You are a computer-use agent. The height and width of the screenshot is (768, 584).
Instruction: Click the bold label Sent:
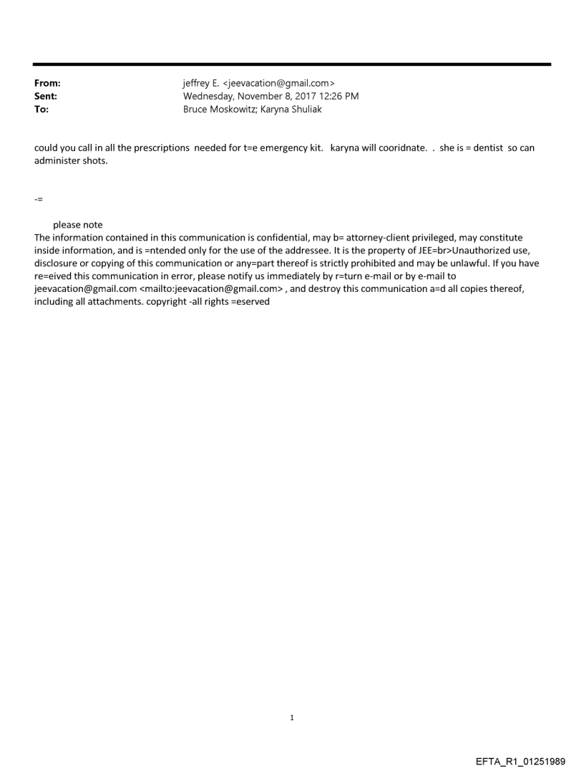[46, 97]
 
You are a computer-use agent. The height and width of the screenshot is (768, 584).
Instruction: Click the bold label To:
[42, 110]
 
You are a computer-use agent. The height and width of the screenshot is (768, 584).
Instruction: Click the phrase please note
[77, 225]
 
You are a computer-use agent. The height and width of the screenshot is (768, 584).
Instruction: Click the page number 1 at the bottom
[291, 717]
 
